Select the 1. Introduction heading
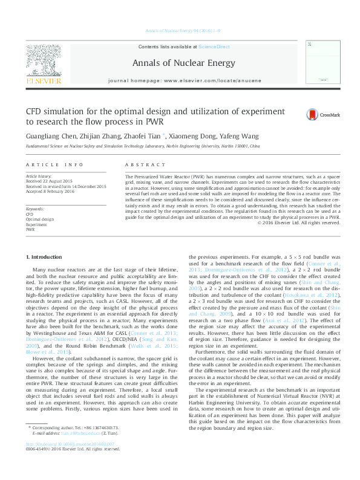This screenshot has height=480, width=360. click(x=44, y=257)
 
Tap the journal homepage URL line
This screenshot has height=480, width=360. click(x=180, y=80)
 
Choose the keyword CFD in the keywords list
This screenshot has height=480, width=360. click(x=30, y=214)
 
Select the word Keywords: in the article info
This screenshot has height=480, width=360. click(x=35, y=208)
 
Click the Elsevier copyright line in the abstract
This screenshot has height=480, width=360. click(x=300, y=222)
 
